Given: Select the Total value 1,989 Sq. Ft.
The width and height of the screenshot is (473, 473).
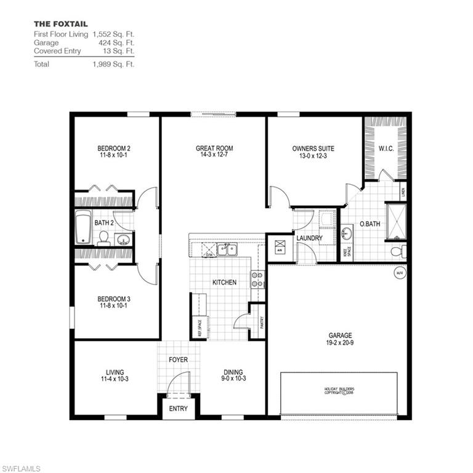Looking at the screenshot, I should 113,63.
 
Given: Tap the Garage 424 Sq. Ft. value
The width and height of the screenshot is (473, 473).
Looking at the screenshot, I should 116,43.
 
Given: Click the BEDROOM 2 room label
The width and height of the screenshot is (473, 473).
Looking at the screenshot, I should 113,148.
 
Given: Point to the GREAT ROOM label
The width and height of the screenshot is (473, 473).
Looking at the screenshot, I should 214,148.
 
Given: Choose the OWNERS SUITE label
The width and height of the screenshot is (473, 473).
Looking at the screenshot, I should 313,148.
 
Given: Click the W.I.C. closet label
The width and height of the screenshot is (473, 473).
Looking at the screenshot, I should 386,148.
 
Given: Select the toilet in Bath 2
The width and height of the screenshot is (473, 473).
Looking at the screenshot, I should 103,238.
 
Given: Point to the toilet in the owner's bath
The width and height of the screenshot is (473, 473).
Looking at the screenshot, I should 398,251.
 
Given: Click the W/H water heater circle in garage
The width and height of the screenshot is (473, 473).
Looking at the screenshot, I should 398,273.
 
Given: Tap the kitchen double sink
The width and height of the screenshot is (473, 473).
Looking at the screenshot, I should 227,249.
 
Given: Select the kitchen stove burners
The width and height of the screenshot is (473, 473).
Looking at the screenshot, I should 257,280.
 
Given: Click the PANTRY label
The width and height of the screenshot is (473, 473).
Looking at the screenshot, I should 262,323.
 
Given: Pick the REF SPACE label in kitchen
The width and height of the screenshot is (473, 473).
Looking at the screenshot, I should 200,326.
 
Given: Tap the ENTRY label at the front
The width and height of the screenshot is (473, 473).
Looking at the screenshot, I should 179,408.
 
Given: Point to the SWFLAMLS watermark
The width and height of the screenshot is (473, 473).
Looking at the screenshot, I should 21,468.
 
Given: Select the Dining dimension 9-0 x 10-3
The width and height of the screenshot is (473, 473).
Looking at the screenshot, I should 233,379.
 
